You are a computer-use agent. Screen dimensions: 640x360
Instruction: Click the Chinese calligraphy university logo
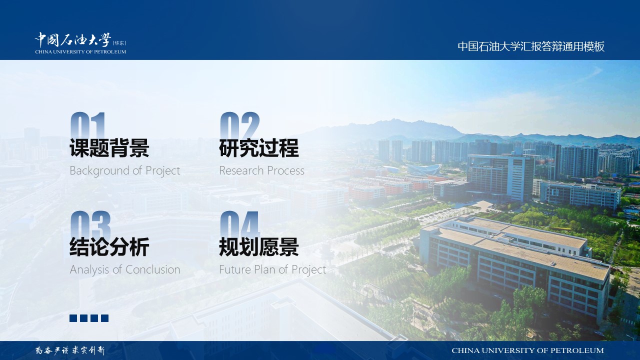click(73, 39)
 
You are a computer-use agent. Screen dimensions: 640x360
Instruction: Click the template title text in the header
click(531, 46)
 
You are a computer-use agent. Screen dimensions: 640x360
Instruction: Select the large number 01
click(87, 125)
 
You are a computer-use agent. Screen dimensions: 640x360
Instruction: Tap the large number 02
click(239, 125)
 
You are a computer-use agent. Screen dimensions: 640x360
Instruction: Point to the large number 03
click(90, 224)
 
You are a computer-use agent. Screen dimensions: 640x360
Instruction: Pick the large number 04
click(239, 224)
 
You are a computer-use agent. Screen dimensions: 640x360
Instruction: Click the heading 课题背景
click(109, 147)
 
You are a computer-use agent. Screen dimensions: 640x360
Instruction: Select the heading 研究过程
click(259, 147)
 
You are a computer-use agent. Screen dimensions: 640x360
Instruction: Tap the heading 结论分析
click(109, 247)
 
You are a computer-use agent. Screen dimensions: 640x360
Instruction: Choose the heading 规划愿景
click(259, 247)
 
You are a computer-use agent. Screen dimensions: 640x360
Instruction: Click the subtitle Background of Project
click(125, 171)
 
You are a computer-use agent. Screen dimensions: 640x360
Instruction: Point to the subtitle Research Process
click(261, 170)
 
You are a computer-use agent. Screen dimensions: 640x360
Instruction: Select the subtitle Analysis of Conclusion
click(125, 269)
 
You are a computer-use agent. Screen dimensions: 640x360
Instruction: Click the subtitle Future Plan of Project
click(272, 269)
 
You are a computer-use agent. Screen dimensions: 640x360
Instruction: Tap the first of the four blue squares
click(73, 318)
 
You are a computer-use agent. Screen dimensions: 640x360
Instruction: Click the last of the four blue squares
click(105, 318)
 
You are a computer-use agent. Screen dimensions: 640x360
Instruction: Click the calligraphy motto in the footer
click(70, 350)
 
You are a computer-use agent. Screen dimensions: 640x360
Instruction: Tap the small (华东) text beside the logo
click(119, 43)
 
